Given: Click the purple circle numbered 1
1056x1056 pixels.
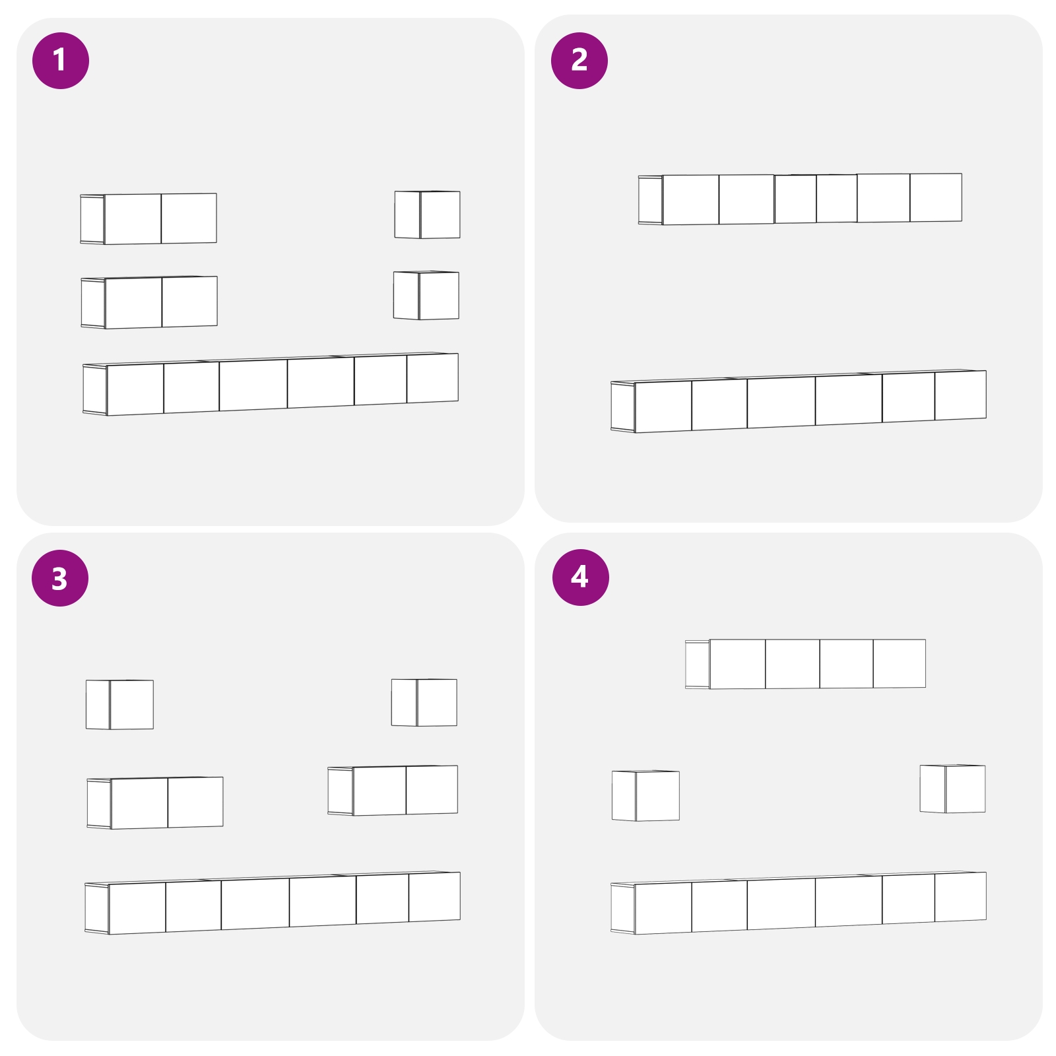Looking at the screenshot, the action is [61, 61].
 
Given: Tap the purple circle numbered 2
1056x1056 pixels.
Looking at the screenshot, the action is [579, 61].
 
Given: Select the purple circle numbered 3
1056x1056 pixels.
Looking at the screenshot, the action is [60, 578].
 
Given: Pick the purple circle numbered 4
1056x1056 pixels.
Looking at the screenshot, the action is [581, 577].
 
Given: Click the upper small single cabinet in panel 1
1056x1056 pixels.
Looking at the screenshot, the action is [428, 214].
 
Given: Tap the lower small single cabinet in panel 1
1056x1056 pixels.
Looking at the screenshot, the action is [426, 295].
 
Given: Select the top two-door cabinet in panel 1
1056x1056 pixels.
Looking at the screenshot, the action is [148, 218].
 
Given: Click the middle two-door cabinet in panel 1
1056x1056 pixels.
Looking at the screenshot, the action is [149, 302].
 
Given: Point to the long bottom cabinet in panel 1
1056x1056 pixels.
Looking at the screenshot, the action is [271, 384].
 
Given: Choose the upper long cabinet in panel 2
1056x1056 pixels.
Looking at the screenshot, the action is [800, 199].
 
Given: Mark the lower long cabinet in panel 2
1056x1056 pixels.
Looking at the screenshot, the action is [799, 401].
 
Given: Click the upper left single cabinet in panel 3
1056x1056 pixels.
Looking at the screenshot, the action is [119, 704].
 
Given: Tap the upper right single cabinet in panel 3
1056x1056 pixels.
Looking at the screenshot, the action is [424, 702].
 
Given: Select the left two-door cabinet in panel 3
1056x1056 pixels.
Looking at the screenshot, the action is [155, 803].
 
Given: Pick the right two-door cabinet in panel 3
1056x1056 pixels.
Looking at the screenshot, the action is [393, 790].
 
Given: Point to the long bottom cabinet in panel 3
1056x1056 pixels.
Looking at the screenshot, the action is [273, 903].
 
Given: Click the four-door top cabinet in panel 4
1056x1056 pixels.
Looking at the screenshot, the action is [805, 664].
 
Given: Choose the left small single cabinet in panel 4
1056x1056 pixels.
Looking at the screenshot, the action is [645, 795].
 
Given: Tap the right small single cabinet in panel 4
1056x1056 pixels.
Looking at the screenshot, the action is [952, 789].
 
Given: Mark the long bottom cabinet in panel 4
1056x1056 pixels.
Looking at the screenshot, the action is [799, 903].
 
